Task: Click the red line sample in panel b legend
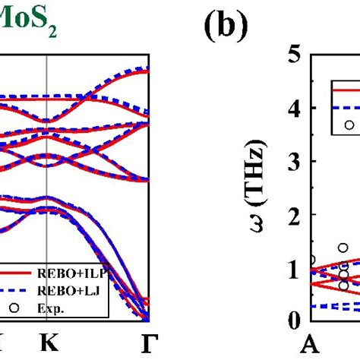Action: (x=346, y=90)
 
